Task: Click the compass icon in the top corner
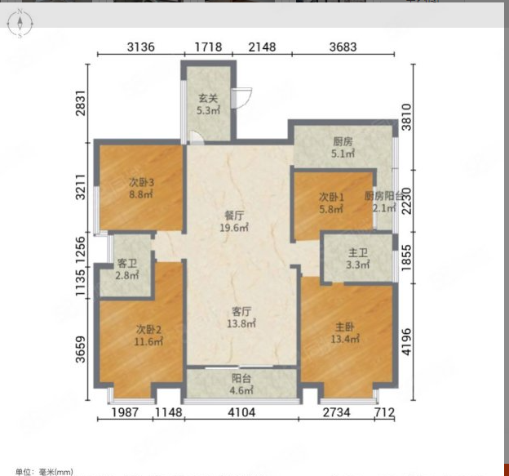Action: [x=20, y=23]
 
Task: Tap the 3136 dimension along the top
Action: [x=141, y=47]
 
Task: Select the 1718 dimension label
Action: [x=208, y=47]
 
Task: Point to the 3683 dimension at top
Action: [x=343, y=47]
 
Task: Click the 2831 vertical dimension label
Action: [x=80, y=104]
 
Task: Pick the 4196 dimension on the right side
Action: [x=406, y=341]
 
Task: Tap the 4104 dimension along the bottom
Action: [x=241, y=412]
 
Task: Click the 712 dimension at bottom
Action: [x=384, y=412]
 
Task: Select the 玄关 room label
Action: [x=208, y=98]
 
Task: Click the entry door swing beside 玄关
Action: [x=241, y=98]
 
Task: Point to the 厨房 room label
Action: [x=343, y=142]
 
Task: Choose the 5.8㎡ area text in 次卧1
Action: [x=331, y=209]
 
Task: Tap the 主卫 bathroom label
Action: [x=358, y=253]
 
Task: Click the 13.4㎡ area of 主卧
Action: [x=345, y=339]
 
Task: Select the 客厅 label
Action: [x=241, y=312]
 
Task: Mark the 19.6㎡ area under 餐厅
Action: [x=234, y=228]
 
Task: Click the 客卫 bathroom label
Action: [x=127, y=263]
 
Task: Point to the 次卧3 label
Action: [x=141, y=182]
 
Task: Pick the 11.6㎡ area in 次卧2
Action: [x=148, y=341]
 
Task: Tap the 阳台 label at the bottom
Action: [x=241, y=378]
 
